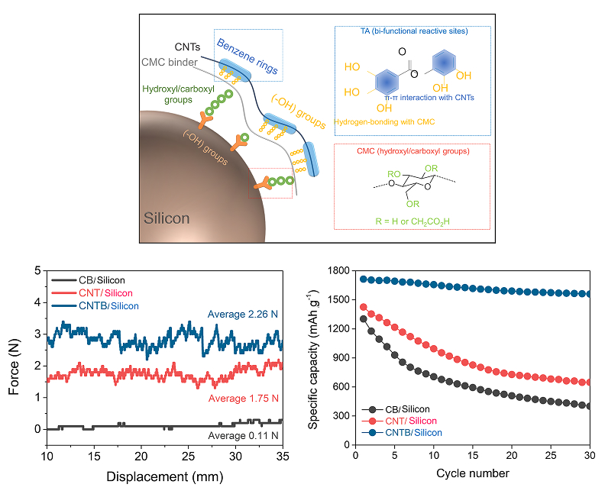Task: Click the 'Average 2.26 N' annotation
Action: click(x=243, y=315)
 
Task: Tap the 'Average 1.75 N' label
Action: click(x=244, y=399)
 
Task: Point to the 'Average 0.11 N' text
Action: click(x=243, y=436)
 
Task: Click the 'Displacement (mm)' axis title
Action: click(x=165, y=476)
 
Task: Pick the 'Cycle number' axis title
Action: click(x=473, y=473)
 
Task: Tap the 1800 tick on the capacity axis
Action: click(x=338, y=271)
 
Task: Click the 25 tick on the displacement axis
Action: click(x=188, y=457)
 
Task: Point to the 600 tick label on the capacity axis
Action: click(x=341, y=387)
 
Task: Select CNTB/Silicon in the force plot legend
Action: click(x=108, y=306)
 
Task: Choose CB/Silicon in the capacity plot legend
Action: click(x=407, y=409)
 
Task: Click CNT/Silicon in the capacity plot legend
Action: click(x=411, y=421)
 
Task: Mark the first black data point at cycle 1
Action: click(x=364, y=319)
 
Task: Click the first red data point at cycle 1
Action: click(x=364, y=308)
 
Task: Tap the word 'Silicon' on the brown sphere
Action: click(x=167, y=218)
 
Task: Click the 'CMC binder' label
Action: click(x=170, y=62)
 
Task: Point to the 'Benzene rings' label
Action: click(x=247, y=57)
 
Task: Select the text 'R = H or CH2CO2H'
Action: click(x=412, y=221)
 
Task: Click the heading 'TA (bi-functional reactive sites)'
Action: click(x=414, y=31)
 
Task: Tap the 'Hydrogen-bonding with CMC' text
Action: click(x=384, y=122)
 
